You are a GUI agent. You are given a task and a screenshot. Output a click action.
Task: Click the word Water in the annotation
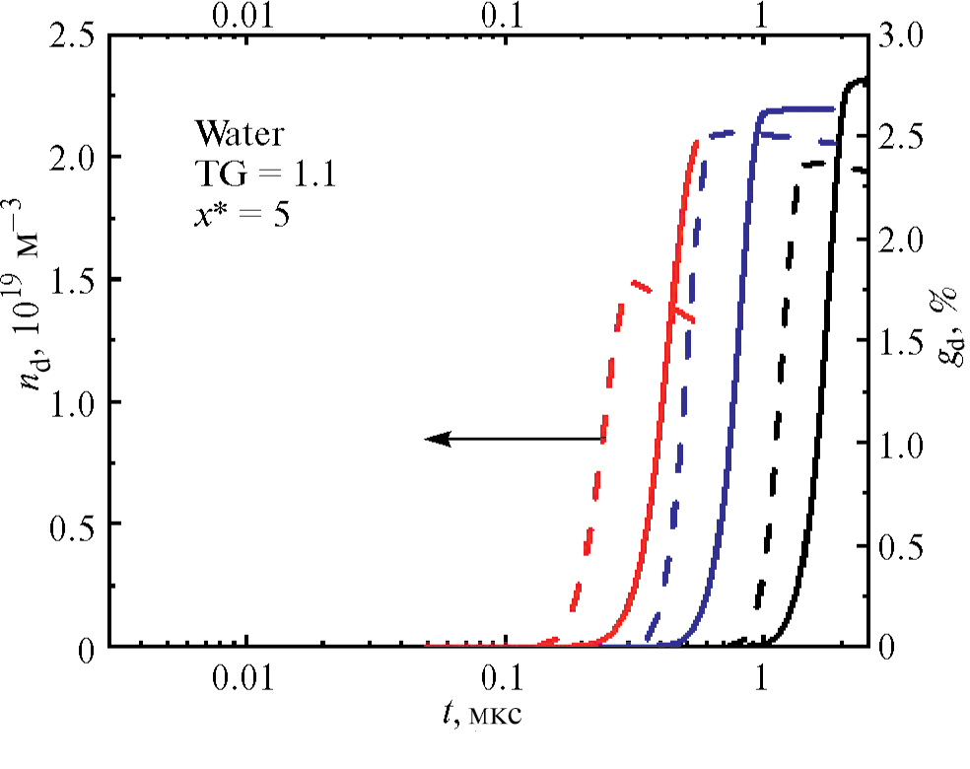click(x=236, y=132)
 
